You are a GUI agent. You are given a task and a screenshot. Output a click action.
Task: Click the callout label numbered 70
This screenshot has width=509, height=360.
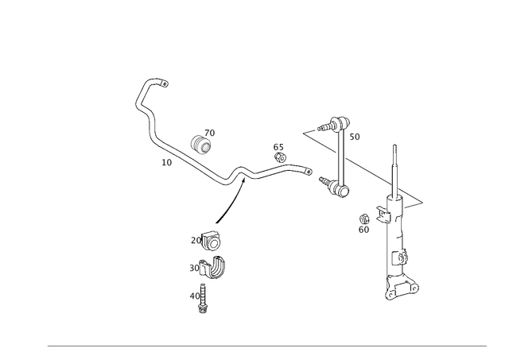[x=195, y=238]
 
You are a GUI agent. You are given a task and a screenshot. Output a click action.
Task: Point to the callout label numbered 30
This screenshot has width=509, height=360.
[x=192, y=267]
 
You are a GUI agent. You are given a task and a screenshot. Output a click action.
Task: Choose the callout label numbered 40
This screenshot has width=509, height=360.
[x=193, y=294]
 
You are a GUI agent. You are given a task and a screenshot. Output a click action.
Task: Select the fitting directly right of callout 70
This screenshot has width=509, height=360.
[x=212, y=239]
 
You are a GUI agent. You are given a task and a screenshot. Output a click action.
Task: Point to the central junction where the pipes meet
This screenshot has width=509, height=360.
[x=238, y=176]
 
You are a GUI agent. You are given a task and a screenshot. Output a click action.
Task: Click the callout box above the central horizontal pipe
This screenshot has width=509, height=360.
[x=277, y=147]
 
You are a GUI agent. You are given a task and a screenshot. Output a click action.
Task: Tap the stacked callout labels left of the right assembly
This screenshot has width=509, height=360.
[x=364, y=222]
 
